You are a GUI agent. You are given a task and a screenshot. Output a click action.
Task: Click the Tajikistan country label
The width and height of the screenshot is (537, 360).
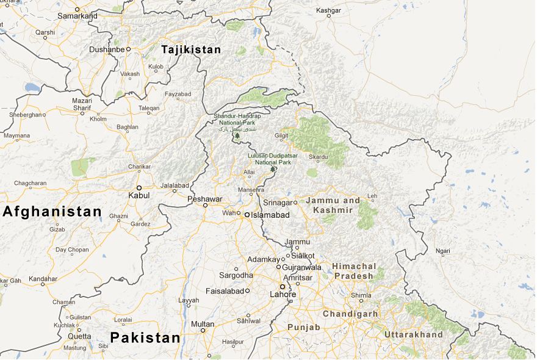[x=190, y=49]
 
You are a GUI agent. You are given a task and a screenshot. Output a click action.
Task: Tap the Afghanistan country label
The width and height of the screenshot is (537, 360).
[x=52, y=212]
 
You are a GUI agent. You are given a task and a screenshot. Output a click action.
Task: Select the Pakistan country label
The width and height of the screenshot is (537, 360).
[x=145, y=337]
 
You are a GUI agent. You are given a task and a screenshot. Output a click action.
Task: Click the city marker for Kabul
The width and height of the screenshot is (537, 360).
[x=139, y=187]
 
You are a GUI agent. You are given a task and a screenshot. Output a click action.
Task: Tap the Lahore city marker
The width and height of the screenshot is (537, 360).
[x=283, y=286]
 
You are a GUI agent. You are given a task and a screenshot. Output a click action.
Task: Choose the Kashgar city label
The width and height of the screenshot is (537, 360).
[x=329, y=10]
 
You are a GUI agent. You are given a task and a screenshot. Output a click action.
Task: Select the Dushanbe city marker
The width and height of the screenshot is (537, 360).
[x=129, y=49]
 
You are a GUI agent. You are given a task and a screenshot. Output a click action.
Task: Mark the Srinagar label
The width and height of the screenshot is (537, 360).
[x=278, y=203]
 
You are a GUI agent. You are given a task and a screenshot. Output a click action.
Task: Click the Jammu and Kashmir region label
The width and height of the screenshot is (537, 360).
[x=333, y=205]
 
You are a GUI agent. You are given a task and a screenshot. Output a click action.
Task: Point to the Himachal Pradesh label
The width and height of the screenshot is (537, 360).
[x=353, y=272]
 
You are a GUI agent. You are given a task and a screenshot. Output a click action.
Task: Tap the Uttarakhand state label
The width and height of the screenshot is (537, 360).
[x=413, y=334]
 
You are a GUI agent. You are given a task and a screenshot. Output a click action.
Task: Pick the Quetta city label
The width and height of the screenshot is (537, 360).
[x=79, y=336]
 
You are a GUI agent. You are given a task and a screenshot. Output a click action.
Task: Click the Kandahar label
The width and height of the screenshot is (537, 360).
[x=43, y=279]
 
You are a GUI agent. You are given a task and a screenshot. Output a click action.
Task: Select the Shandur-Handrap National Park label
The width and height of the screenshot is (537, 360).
[x=237, y=120]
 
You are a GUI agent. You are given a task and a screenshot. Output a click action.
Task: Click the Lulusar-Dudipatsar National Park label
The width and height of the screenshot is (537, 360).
[x=273, y=159]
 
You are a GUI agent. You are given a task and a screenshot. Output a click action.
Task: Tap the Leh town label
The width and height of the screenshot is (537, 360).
[x=372, y=196]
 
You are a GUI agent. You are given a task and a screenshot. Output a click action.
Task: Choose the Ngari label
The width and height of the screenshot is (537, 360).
[x=443, y=251]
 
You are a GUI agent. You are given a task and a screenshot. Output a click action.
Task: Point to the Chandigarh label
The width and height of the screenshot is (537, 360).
[x=350, y=314]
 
